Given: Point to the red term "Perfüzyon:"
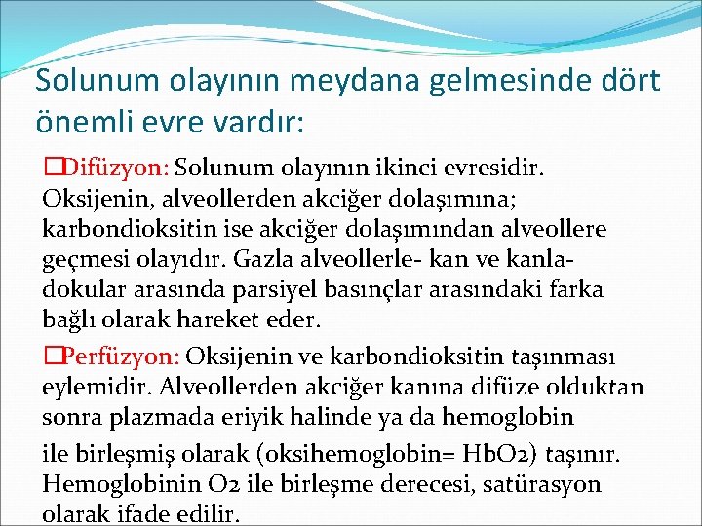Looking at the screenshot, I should coord(114,356).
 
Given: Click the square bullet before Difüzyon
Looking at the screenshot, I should coord(50,169).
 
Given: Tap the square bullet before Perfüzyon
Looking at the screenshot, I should coord(50,356).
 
